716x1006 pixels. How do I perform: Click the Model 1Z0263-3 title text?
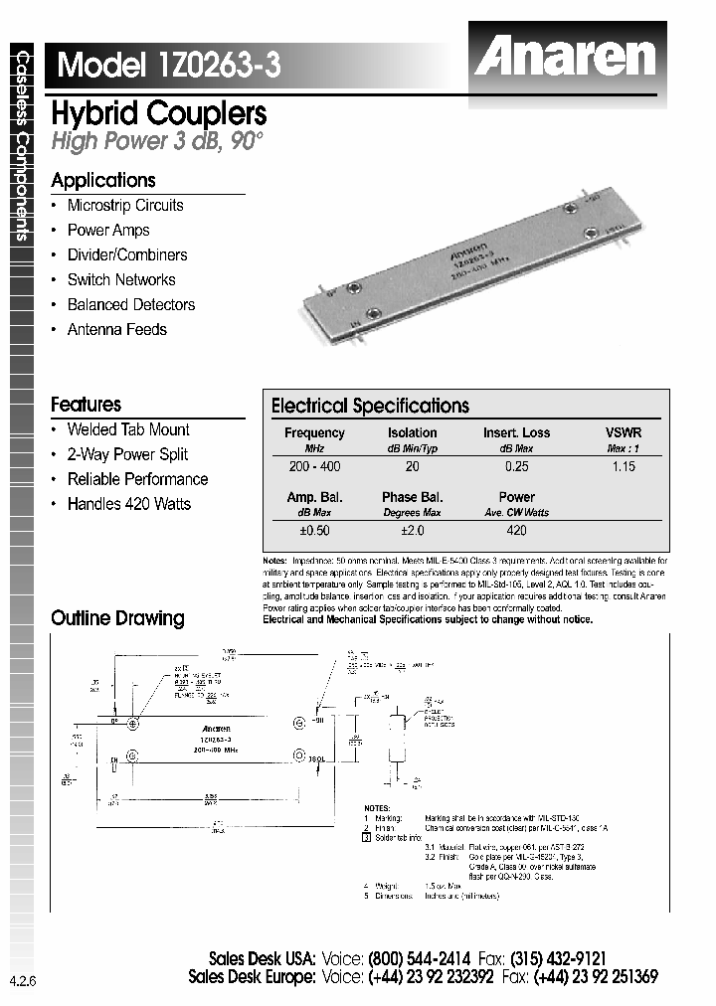pyautogui.click(x=169, y=66)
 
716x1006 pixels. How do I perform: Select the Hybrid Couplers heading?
pyautogui.click(x=158, y=113)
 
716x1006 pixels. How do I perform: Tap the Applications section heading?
pyautogui.click(x=103, y=180)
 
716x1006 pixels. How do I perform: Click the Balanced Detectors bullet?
pyautogui.click(x=130, y=305)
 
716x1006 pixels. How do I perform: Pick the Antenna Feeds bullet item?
pyautogui.click(x=116, y=330)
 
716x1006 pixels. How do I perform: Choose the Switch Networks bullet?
pyautogui.click(x=120, y=280)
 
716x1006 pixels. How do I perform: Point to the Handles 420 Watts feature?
pyautogui.click(x=128, y=504)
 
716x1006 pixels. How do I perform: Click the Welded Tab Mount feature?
pyautogui.click(x=127, y=429)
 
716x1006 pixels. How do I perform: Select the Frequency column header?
pyautogui.click(x=314, y=432)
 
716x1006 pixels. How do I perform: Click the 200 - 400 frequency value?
pyautogui.click(x=314, y=466)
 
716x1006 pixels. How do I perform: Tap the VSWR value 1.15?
pyautogui.click(x=623, y=466)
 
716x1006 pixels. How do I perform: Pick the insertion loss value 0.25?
pyautogui.click(x=516, y=466)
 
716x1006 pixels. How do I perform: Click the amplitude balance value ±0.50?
pyautogui.click(x=314, y=531)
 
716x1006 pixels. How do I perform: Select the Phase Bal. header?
pyautogui.click(x=412, y=497)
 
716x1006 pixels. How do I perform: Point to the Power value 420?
pyautogui.click(x=516, y=531)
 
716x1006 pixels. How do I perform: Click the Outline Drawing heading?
pyautogui.click(x=117, y=618)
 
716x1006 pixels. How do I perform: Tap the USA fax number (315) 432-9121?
pyautogui.click(x=558, y=959)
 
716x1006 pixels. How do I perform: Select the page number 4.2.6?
pyautogui.click(x=22, y=981)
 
